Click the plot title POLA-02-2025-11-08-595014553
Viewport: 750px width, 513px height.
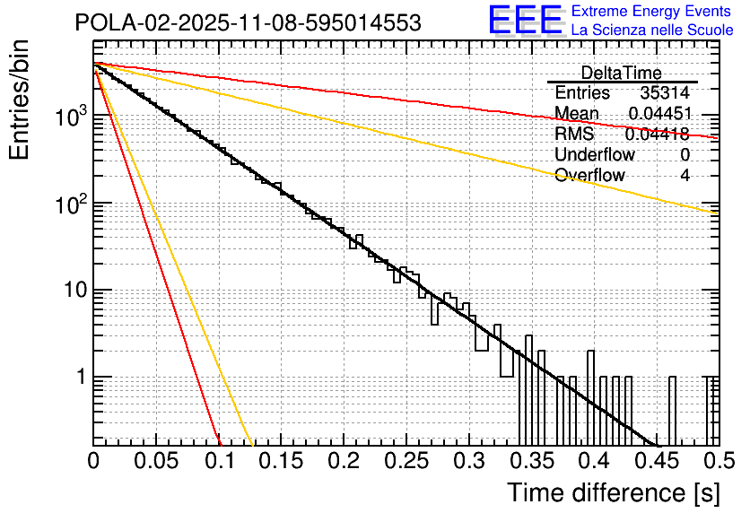(248, 23)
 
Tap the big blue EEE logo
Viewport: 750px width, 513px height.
(525, 21)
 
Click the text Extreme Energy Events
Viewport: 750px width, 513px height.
(652, 12)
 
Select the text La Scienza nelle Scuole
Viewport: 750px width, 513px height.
(652, 30)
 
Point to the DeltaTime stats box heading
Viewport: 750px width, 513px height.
(622, 73)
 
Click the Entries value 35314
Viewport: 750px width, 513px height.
(665, 93)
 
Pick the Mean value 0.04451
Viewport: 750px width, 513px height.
(658, 114)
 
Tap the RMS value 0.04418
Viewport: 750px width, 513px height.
(657, 135)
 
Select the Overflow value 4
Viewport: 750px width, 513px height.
(685, 176)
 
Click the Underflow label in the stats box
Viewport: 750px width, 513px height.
(595, 155)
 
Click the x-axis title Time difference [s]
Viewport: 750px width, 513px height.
(613, 492)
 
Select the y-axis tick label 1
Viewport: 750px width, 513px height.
(80, 378)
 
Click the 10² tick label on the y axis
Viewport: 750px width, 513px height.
(69, 204)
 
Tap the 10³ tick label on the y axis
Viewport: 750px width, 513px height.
(69, 118)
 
